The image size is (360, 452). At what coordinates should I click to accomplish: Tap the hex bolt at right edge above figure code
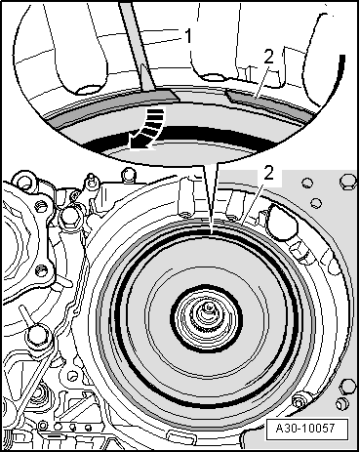(x=342, y=401)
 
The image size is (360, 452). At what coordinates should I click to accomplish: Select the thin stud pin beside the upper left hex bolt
(x=92, y=184)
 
